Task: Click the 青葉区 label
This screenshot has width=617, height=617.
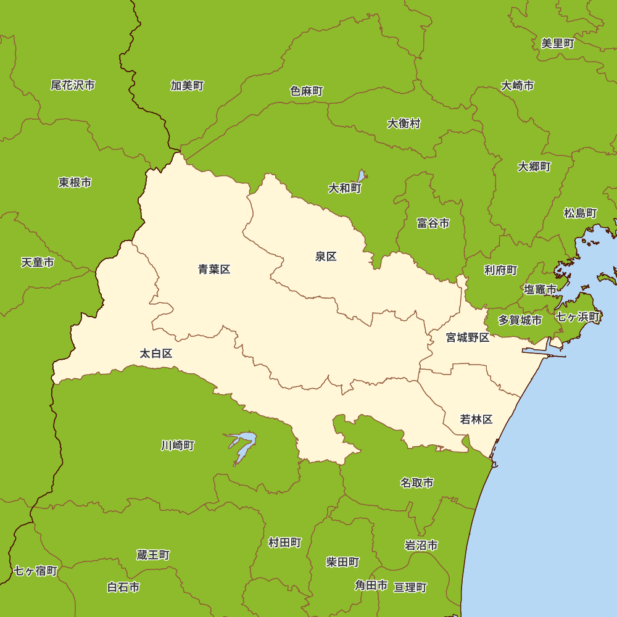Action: pos(214,269)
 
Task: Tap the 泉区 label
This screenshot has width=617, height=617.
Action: pos(326,257)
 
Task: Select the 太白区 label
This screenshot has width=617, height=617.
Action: pos(155,354)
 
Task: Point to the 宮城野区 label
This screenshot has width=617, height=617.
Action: pos(468,337)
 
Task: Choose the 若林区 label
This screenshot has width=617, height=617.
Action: pos(476,420)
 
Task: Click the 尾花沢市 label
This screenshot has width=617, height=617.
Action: pos(73,85)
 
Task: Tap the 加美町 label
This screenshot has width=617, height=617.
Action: pos(187,86)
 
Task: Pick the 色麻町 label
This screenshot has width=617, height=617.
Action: pos(307,91)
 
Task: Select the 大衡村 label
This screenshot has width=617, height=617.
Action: pos(404,123)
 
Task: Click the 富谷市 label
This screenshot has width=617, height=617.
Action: pos(433,223)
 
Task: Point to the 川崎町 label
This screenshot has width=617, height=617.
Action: pos(178,445)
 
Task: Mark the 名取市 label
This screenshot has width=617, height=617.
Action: pos(416,482)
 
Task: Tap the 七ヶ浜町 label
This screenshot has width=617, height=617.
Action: pos(578,317)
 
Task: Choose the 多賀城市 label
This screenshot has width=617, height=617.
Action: pos(520,320)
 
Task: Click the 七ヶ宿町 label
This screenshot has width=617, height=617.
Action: pos(35,571)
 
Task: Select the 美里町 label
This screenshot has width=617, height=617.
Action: pos(558,43)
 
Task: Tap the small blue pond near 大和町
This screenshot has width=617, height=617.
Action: pos(361,176)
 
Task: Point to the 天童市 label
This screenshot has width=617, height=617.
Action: pos(38,262)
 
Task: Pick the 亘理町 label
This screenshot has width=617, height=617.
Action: pos(410,587)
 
